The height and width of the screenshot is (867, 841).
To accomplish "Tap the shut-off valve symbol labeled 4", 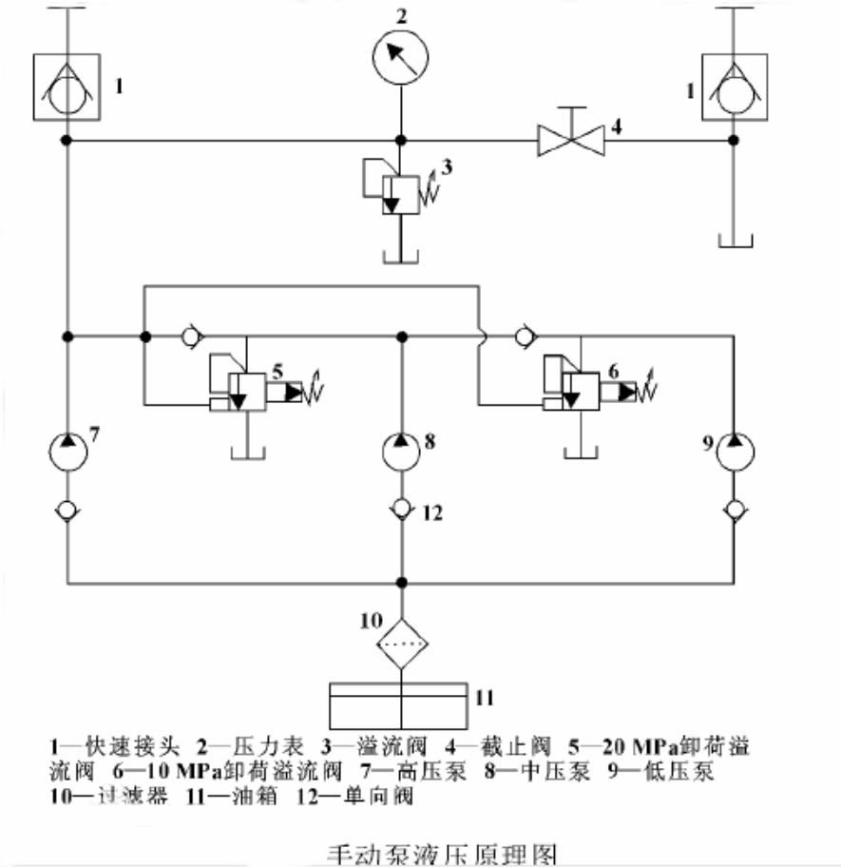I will coord(570,140).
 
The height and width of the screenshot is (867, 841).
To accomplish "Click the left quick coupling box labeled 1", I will coord(67,87).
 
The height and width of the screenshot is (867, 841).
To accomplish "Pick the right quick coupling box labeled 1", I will coord(733,87).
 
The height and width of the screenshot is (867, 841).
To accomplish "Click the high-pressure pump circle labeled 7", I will coord(67,452).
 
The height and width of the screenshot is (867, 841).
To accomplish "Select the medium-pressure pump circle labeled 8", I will coord(401,452).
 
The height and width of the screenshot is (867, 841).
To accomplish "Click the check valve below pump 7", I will coord(67,511).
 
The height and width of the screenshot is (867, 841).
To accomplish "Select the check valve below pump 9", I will coord(734,511).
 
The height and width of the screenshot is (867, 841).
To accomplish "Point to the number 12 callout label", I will coord(432,513).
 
